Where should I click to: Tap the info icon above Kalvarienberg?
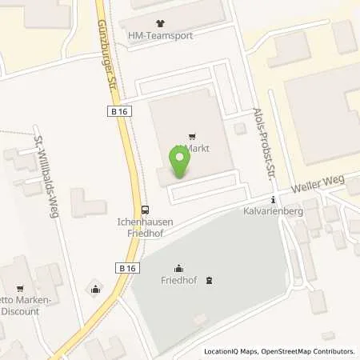tap(274, 200)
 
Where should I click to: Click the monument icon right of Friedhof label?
tap(210, 279)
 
